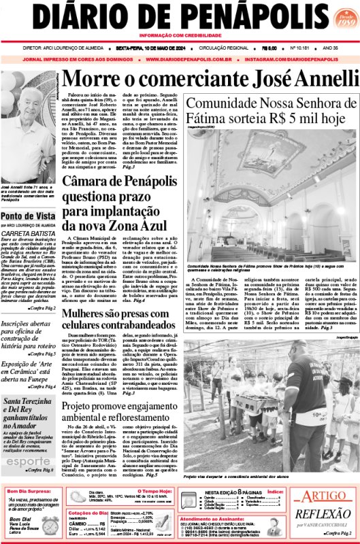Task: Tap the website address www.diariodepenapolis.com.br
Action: pyautogui.click(x=189, y=59)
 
